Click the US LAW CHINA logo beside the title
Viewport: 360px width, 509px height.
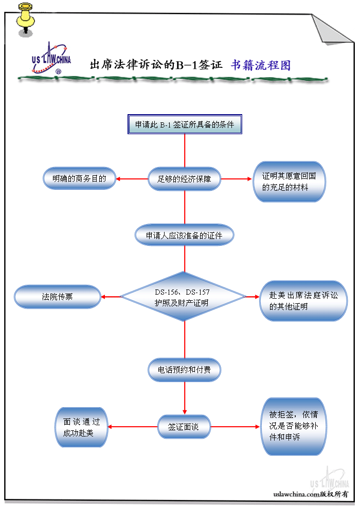point(51,58)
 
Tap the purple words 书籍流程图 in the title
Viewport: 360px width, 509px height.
point(261,65)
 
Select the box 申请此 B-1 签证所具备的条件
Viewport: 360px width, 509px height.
point(185,124)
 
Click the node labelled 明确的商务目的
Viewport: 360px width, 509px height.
point(79,179)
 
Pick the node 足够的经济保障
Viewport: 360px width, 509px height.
point(185,179)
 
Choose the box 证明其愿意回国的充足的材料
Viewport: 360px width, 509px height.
point(289,183)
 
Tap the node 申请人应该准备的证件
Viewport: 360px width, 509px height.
point(185,235)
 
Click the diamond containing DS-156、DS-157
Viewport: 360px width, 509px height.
point(183,297)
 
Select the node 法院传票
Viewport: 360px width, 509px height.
point(57,297)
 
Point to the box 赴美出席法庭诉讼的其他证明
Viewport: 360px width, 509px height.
point(303,301)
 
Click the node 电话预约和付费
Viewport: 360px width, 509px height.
point(185,369)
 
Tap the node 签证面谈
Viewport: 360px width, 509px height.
point(184,427)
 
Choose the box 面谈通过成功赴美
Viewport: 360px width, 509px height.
point(81,427)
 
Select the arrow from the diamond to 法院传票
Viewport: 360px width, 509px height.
point(111,297)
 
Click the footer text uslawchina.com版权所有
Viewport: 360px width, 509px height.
point(311,494)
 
